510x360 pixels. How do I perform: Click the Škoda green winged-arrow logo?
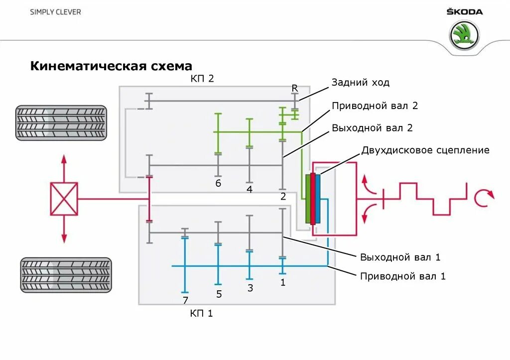coord(464,36)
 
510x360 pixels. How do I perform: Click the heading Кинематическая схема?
coord(111,66)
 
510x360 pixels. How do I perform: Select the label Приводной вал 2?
coord(375,106)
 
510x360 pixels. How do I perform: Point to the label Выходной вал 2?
coord(373,128)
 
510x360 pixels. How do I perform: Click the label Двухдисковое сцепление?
coord(425,150)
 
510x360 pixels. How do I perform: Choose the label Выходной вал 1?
coord(400,257)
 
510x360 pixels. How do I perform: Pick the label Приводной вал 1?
coord(403,276)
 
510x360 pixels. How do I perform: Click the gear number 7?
coord(185,300)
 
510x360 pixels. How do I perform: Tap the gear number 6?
coord(218,183)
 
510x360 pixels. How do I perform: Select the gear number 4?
coord(249,189)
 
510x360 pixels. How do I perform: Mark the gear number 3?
coord(250,288)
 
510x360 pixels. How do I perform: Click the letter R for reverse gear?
coord(295,88)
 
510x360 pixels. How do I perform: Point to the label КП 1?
coord(201,314)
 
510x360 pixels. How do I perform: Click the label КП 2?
coord(202,79)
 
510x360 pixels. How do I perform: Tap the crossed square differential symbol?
coord(64,199)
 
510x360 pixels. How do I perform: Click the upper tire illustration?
coord(61,123)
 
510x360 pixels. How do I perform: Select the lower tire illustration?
coord(65,275)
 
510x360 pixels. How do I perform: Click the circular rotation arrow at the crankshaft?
coord(483,198)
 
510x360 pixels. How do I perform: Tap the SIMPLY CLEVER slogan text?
coord(55,12)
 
